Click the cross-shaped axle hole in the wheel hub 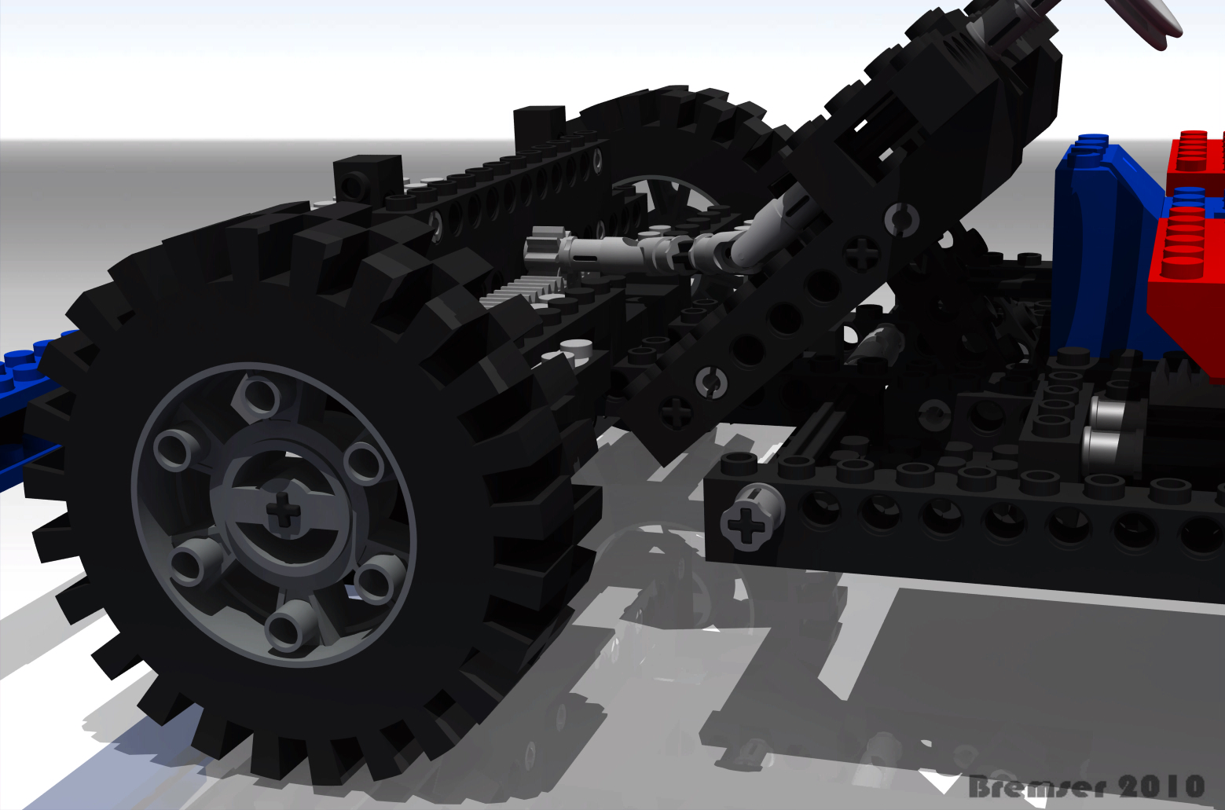(284, 511)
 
